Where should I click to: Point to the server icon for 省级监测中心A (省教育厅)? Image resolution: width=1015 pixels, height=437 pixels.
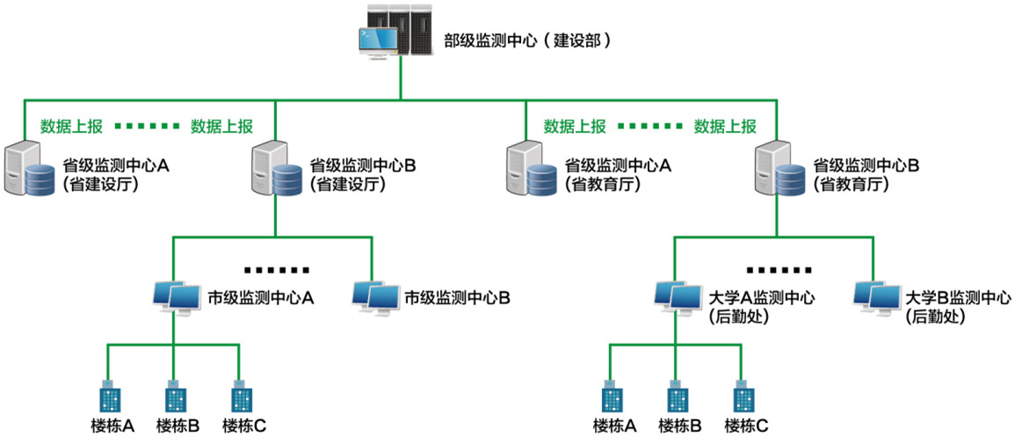pos(532,171)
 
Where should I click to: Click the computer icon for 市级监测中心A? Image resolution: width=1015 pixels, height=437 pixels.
pos(174,297)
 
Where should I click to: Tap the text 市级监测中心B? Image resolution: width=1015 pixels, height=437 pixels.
pos(457,297)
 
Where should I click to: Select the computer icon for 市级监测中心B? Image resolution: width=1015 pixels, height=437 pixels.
pos(374,297)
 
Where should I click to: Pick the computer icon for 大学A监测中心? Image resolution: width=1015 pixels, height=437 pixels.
pos(677,297)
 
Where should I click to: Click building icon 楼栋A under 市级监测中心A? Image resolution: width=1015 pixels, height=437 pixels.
pos(108,397)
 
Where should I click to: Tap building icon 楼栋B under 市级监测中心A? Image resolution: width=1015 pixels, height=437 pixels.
pos(174,397)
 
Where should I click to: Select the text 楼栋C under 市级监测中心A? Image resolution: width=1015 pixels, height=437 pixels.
pos(243,426)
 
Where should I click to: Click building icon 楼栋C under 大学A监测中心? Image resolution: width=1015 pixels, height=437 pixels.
pos(743,397)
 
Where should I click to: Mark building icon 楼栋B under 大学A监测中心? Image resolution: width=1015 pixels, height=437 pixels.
pos(676,397)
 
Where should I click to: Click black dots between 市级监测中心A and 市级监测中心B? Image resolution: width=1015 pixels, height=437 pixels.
pos(277,269)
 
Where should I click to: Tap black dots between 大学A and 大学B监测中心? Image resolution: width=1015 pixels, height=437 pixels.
pos(779,269)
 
